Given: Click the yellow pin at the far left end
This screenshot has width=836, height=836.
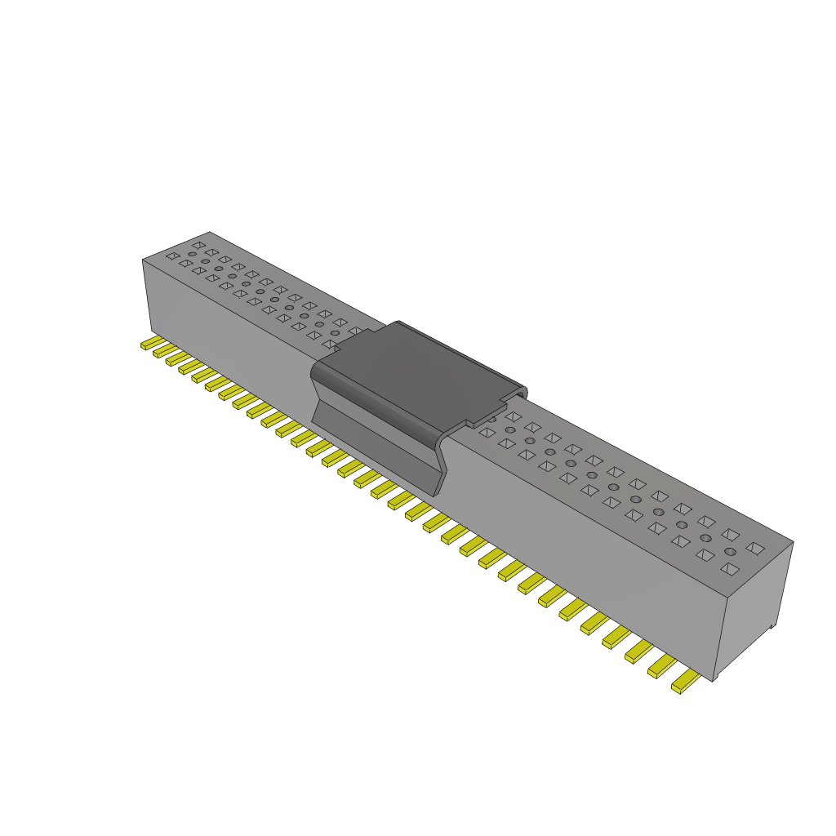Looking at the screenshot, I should click(x=149, y=344).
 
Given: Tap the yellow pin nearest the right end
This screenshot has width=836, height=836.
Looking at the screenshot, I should click(x=684, y=681).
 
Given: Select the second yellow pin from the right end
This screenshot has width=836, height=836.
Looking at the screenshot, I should click(x=662, y=665).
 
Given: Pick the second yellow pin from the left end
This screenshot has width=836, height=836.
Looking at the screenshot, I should click(x=162, y=351).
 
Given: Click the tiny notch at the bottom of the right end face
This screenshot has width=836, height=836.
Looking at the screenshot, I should click(x=772, y=627).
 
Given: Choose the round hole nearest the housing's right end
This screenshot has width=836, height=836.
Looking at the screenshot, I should click(x=730, y=552).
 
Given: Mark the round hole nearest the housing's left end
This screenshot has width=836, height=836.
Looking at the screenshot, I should click(x=192, y=254).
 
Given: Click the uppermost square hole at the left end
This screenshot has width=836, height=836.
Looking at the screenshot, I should click(x=198, y=244).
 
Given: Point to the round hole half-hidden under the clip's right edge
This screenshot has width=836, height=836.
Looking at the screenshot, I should click(x=491, y=419).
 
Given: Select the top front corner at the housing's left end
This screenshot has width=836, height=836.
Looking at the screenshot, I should click(x=143, y=260).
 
